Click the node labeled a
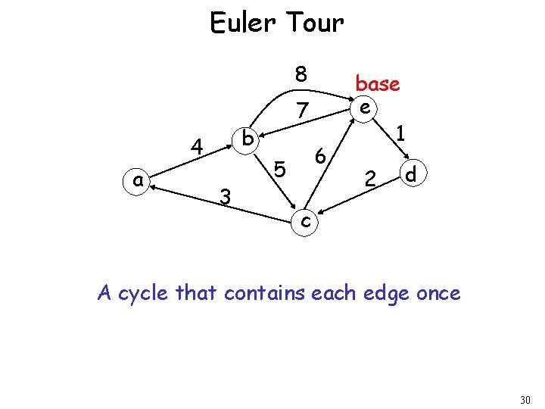[137, 180]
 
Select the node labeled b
[247, 139]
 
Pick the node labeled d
[412, 174]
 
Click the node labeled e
[365, 108]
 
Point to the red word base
[377, 83]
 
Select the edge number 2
[370, 179]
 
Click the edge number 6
[320, 157]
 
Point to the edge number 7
[302, 111]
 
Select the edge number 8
[301, 74]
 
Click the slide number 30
[526, 399]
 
